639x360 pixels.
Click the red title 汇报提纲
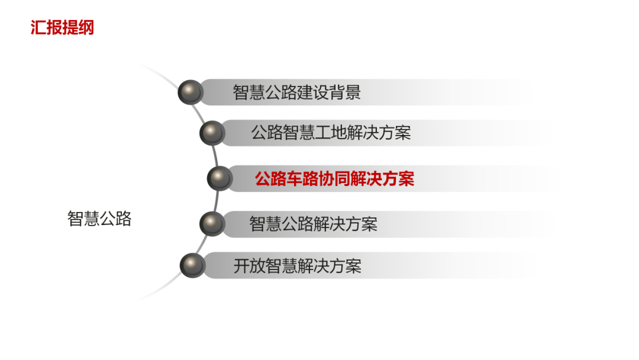click(62, 27)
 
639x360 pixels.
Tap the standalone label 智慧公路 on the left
click(99, 219)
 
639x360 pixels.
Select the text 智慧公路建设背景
click(296, 93)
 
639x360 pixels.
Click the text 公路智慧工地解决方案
click(331, 133)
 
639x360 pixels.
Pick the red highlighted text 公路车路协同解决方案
click(334, 179)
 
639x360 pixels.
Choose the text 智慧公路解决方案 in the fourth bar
click(313, 224)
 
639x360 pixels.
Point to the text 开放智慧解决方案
click(297, 266)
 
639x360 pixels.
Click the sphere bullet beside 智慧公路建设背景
click(191, 92)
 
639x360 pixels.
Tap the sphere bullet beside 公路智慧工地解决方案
click(212, 133)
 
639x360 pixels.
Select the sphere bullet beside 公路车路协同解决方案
click(220, 178)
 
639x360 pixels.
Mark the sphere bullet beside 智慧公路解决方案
click(212, 224)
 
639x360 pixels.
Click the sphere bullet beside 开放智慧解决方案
click(192, 265)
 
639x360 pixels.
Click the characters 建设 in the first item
click(312, 93)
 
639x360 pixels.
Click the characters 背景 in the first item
click(344, 93)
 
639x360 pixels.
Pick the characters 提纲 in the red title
click(78, 27)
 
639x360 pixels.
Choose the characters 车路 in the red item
click(302, 179)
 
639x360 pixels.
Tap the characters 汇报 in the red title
click(46, 27)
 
